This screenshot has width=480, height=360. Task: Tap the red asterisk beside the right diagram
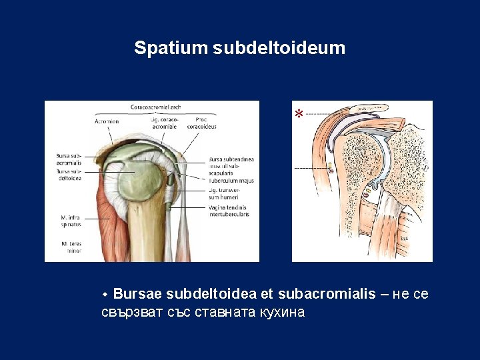pos(299,114)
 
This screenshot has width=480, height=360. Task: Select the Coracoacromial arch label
pos(155,106)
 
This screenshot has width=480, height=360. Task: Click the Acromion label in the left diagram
pos(107,121)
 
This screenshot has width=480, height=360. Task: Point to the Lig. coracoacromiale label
pos(164,123)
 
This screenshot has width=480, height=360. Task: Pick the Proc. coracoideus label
pos(201,123)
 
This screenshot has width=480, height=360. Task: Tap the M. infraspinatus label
pos(71,221)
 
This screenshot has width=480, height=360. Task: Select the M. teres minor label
pos(71,246)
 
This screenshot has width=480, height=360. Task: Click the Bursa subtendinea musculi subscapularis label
pos(231,165)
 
